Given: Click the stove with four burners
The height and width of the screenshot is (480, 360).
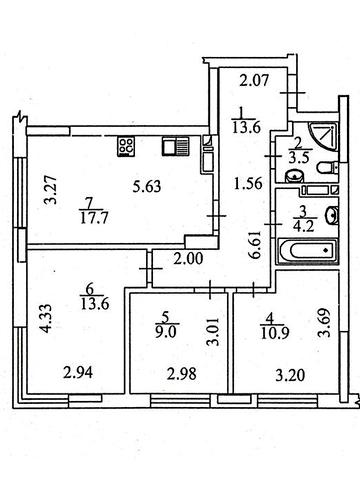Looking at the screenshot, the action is pyautogui.click(x=127, y=146).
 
